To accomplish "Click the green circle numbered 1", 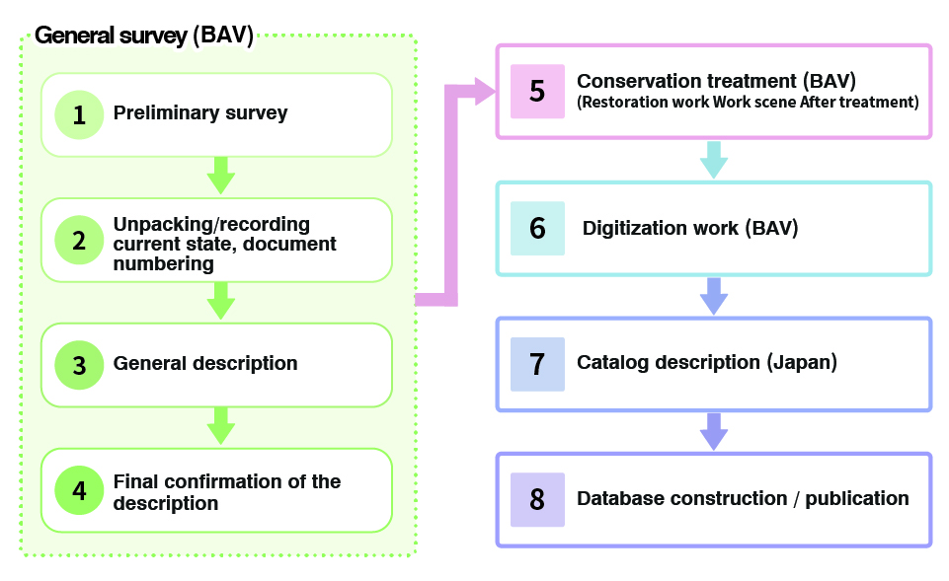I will point(79,114).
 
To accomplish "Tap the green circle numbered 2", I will point(79,240).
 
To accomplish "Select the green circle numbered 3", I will point(79,365).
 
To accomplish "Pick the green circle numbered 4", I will point(79,490).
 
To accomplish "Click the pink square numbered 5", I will point(537,92).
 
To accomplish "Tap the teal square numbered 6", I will point(537,229).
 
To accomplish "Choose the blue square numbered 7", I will point(537,364).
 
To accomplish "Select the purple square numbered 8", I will point(537,499).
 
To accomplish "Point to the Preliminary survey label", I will point(200,113).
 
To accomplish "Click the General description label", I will point(205,364).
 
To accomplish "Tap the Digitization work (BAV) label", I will point(690,229).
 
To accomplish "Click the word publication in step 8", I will point(857,498).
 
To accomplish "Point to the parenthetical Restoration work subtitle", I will point(748,102).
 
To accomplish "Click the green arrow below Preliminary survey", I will point(221,178).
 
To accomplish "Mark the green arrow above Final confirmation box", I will point(221,428).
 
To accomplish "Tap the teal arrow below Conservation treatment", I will point(713,161).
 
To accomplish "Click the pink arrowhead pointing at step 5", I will point(484,93).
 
